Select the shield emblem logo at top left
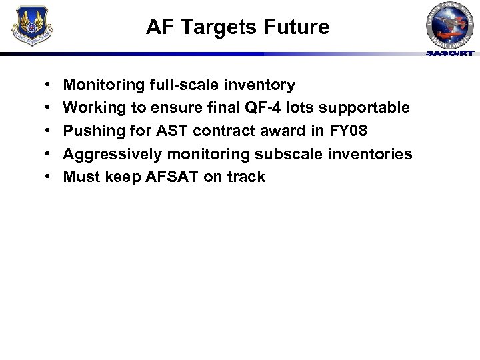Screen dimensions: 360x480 pos(33,27)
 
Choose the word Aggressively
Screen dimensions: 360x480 pos(112,154)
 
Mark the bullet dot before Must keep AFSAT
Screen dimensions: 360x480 pos(51,177)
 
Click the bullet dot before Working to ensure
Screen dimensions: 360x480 pos(51,107)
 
